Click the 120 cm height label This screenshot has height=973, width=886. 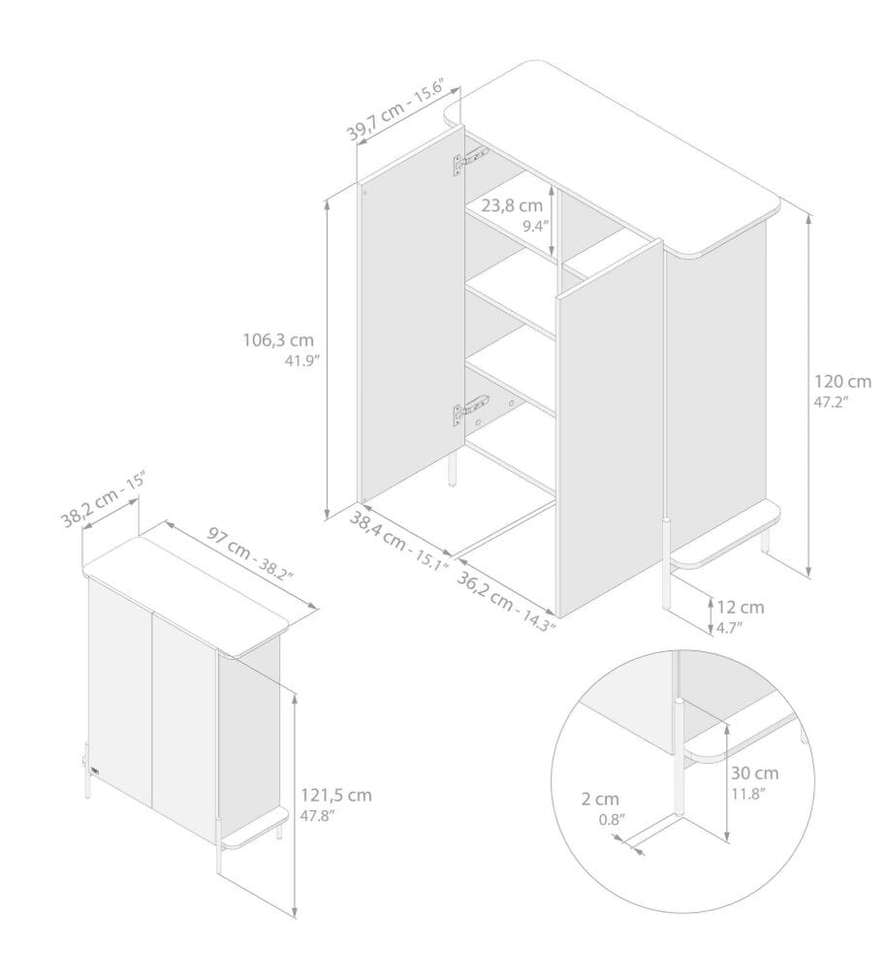pos(842,381)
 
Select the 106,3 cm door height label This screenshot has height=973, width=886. pos(278,340)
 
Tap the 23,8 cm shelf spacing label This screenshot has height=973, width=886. pos(512,204)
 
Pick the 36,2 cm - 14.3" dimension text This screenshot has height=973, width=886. pos(506,601)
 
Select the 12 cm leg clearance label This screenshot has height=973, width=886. pos(741,607)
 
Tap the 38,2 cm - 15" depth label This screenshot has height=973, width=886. pos(103,499)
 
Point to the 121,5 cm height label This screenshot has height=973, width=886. pos(336,795)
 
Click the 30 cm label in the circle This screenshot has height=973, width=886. pos(754,773)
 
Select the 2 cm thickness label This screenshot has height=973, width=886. pos(600,800)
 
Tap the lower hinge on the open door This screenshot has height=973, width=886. pos(470,410)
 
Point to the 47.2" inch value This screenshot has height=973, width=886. pos(831,401)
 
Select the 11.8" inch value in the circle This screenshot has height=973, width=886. pos(748,794)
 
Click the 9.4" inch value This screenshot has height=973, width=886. pos(535,226)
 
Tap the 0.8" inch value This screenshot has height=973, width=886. pos(612,820)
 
